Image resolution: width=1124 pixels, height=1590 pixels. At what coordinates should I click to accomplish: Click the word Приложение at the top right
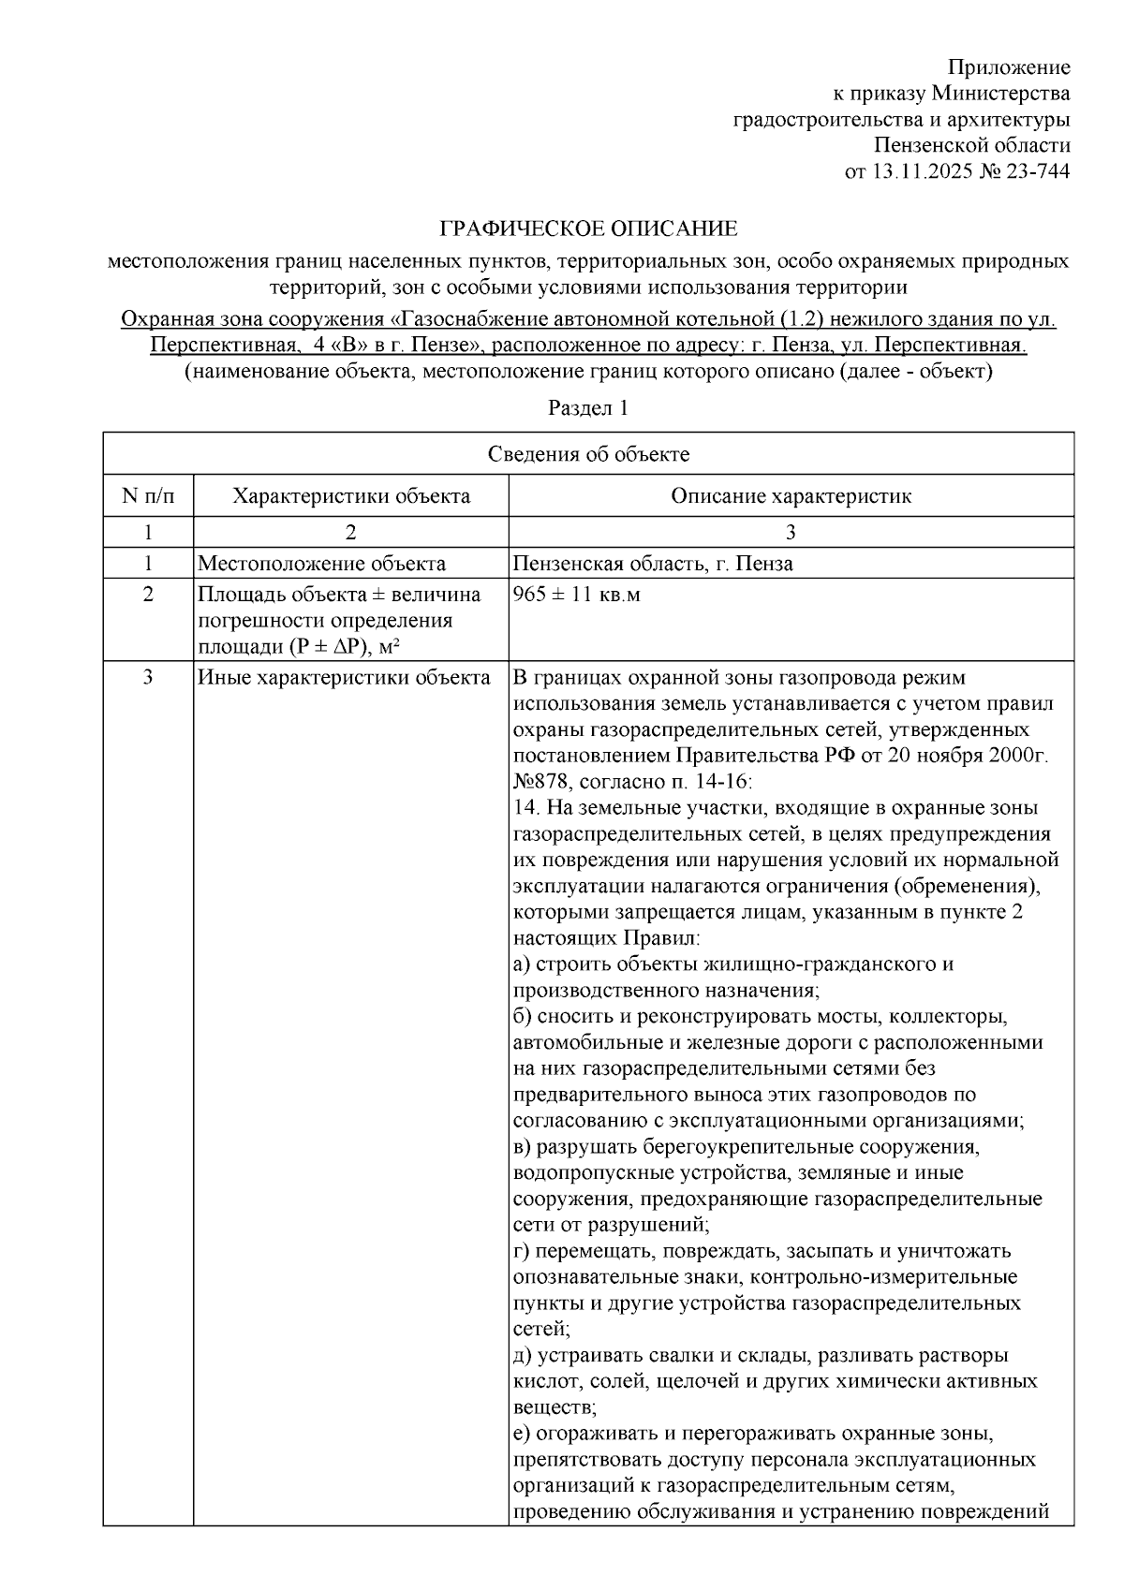1008,67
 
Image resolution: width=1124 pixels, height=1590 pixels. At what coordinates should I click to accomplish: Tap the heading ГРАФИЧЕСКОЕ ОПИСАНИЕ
589,228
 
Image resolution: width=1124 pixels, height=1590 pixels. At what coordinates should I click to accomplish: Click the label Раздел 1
588,408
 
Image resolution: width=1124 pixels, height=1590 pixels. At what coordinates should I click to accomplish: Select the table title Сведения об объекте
588,454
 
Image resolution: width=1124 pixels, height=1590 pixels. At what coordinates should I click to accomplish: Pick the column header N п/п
148,495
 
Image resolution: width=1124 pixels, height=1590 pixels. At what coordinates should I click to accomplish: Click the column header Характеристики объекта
351,495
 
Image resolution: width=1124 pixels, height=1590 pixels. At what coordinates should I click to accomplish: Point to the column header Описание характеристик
791,495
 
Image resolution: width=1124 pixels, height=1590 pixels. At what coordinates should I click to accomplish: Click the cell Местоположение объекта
321,564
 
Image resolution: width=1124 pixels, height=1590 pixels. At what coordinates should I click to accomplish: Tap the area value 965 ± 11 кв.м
577,595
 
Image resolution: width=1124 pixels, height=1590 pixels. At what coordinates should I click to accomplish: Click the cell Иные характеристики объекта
344,677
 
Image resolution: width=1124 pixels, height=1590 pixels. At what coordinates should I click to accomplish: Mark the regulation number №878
540,781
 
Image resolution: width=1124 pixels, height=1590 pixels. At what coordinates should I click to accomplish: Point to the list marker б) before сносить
522,1016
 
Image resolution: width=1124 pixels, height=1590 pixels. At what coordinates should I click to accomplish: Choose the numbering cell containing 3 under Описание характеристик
791,532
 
